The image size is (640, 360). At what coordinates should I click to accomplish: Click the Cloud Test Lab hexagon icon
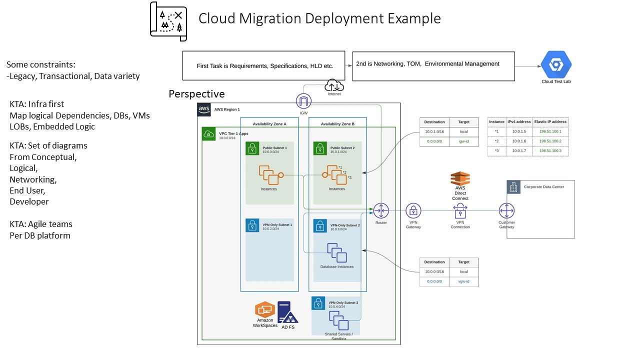[x=556, y=65]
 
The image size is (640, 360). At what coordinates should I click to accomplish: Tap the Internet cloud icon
[x=334, y=85]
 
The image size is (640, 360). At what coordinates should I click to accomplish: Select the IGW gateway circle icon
[x=303, y=101]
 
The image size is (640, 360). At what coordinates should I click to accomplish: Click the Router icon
[x=381, y=210]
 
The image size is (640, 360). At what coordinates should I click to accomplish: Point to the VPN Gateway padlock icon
[x=413, y=211]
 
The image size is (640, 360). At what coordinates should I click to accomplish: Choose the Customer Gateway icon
[x=506, y=211]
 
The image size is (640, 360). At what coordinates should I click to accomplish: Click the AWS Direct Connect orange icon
[x=460, y=178]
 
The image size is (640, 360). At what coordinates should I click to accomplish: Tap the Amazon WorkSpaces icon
[x=265, y=309]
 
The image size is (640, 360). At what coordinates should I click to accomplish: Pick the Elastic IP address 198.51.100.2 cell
[x=550, y=141]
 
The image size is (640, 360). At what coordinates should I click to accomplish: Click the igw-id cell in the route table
[x=463, y=141]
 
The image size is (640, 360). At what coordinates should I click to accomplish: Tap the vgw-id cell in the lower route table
[x=463, y=281]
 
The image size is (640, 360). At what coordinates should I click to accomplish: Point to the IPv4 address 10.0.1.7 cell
[x=519, y=151]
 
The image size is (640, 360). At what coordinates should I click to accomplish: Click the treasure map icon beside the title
[x=168, y=21]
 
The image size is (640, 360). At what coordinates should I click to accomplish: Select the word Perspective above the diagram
[x=196, y=94]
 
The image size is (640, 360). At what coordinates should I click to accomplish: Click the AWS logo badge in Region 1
[x=204, y=109]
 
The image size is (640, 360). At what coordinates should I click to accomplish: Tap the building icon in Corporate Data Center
[x=513, y=187]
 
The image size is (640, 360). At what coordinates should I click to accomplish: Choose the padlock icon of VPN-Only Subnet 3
[x=318, y=303]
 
